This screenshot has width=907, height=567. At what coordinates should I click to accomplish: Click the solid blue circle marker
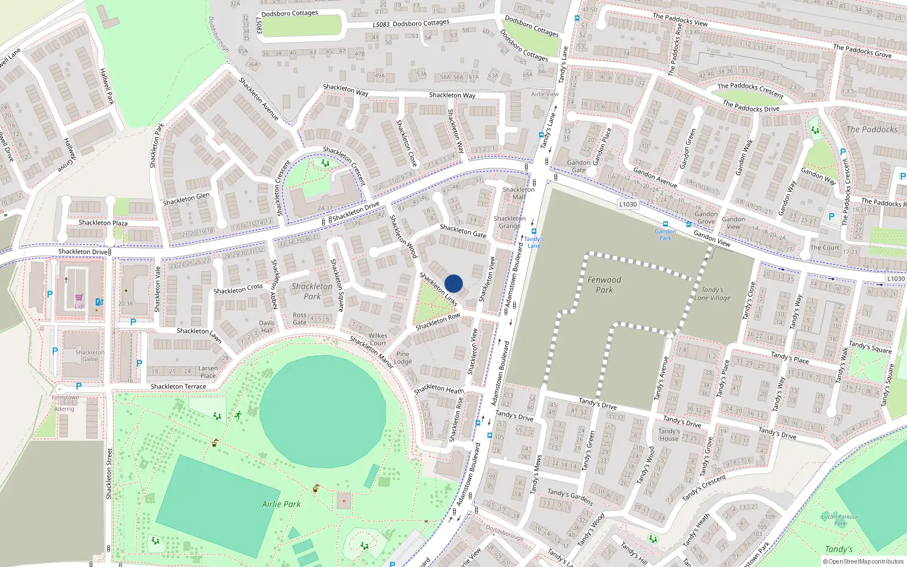tap(453, 283)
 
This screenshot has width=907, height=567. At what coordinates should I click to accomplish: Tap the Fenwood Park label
tap(604, 285)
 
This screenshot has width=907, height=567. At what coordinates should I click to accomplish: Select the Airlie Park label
tap(281, 504)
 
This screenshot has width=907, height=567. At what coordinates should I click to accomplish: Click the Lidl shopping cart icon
tap(79, 298)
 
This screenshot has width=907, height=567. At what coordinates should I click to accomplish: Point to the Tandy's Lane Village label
tap(712, 294)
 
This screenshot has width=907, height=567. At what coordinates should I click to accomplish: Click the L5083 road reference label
tap(381, 24)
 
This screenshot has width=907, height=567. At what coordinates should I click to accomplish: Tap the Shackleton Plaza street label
tap(103, 223)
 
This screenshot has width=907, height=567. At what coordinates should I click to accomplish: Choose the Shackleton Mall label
tap(518, 193)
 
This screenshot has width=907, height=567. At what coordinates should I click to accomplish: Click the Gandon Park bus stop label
tap(665, 235)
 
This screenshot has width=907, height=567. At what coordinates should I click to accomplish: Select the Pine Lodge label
tap(402, 358)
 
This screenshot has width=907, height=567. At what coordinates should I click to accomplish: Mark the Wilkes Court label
tap(378, 339)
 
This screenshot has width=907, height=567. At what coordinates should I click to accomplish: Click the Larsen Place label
tap(208, 372)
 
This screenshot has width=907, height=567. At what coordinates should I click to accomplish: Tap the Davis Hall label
tap(266, 327)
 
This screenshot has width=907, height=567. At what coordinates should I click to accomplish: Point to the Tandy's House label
tap(669, 435)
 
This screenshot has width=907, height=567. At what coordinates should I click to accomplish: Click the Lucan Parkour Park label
tap(840, 520)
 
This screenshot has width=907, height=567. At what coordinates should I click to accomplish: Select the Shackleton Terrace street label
tap(178, 387)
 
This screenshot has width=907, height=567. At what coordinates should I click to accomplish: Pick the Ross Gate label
tap(299, 319)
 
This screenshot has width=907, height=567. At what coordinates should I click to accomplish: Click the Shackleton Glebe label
tap(90, 356)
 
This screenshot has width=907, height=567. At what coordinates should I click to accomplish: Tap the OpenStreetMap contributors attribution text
tap(863, 562)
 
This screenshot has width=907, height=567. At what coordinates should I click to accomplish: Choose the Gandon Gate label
tap(579, 166)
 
